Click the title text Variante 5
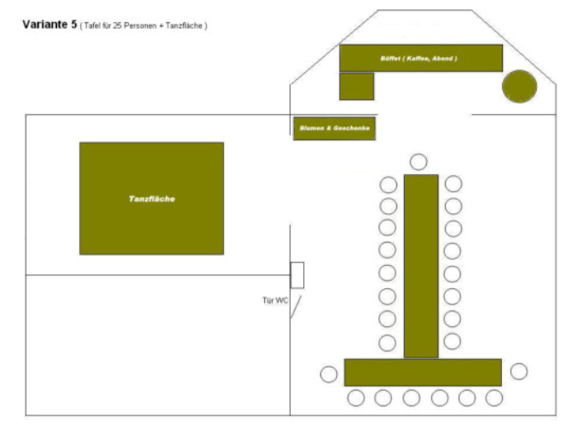pos(50,26)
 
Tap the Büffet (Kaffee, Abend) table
pos(420,58)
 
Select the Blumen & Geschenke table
pos(334,129)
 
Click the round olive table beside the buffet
pos(519,87)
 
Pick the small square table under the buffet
pos(357,87)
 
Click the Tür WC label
pos(275,300)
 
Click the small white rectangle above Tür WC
pos(297,275)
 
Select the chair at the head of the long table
pos(419,162)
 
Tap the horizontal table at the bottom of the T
pos(423,372)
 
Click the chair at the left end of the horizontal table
pos(329,374)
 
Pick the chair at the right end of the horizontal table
pos(519,372)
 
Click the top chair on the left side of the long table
pos(388,184)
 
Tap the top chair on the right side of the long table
pos(453,184)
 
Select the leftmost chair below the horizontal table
pos(356,398)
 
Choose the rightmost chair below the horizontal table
pos(494,398)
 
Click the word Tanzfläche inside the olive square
pos(152,199)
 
